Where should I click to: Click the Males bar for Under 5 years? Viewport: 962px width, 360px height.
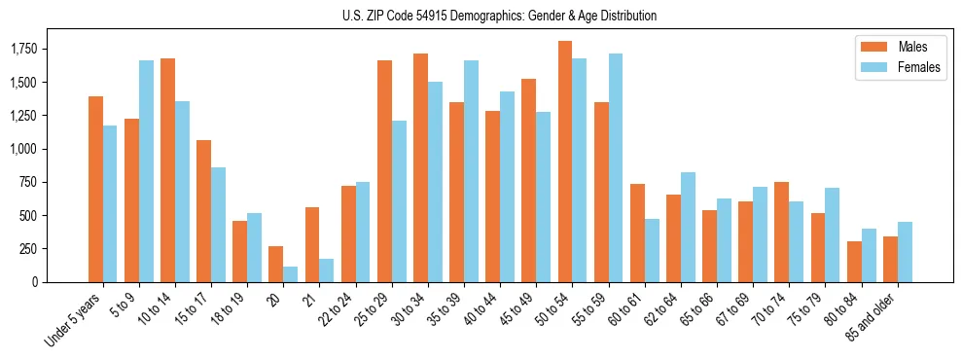(x=95, y=189)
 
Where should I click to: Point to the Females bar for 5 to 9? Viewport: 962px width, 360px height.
(x=146, y=171)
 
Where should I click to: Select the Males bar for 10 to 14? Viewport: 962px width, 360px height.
(x=167, y=170)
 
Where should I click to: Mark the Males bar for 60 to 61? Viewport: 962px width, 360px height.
(x=637, y=233)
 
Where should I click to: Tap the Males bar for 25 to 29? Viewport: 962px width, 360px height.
(x=384, y=171)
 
